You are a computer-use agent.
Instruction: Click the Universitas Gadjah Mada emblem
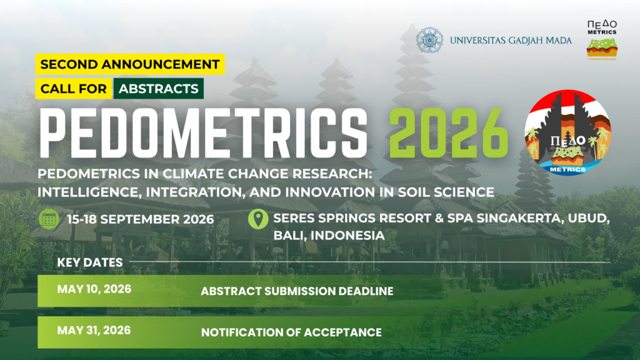tap(429, 40)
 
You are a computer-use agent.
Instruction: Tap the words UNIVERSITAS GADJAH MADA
tap(511, 41)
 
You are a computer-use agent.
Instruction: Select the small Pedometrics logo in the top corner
tap(602, 40)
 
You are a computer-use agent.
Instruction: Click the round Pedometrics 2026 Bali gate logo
tap(567, 132)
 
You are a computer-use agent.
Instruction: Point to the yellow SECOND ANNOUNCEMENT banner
tap(130, 64)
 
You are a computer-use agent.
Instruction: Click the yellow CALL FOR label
tap(74, 89)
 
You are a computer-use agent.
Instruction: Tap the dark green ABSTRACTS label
tap(158, 89)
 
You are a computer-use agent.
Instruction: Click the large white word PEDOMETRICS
tap(204, 133)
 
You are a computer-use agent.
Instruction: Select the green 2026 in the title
tap(448, 133)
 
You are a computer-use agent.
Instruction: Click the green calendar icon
tap(49, 219)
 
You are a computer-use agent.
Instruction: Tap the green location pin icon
tap(258, 219)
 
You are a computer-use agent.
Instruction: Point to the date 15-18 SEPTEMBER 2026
tap(141, 219)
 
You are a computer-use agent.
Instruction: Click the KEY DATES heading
tap(90, 262)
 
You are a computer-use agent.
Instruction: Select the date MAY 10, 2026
tap(94, 289)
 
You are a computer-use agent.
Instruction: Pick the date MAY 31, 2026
tap(94, 330)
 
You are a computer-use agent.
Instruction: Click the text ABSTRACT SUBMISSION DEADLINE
tap(297, 291)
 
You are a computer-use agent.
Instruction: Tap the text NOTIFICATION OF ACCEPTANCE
tap(291, 332)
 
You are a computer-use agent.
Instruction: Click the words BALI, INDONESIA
tap(329, 236)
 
